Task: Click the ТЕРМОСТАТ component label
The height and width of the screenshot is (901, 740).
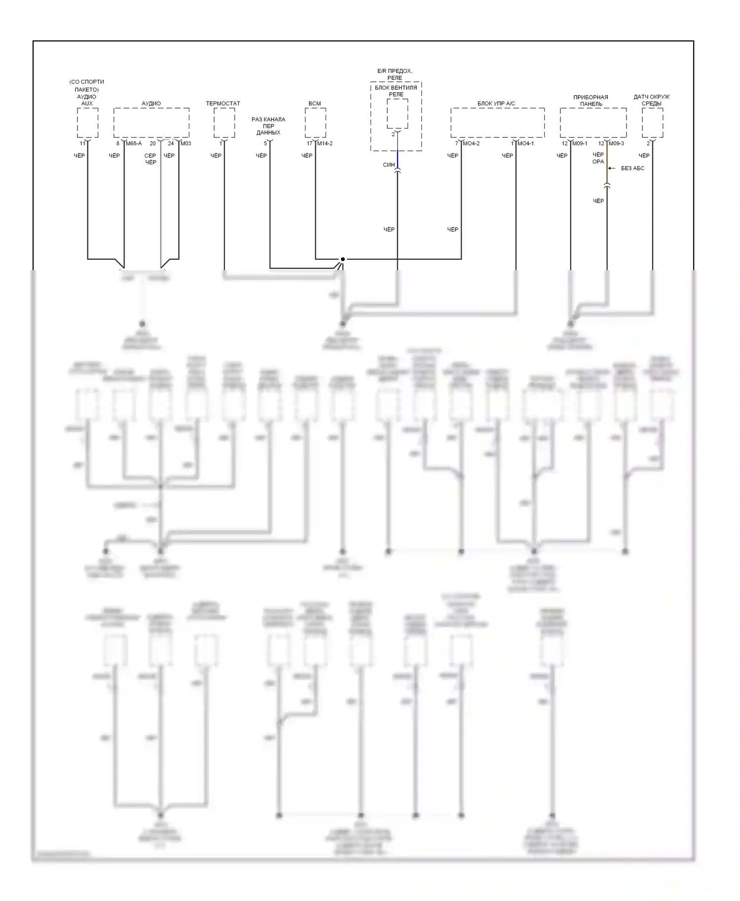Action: click(x=223, y=104)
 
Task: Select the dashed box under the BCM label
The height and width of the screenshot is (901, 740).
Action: click(x=315, y=123)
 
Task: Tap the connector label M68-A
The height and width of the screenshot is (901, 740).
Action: click(x=133, y=143)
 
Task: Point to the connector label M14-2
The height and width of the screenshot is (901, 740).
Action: click(x=325, y=143)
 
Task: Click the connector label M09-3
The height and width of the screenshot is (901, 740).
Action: click(x=616, y=143)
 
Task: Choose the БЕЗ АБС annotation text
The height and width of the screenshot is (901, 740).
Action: click(x=632, y=168)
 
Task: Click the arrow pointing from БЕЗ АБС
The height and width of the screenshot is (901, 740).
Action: click(x=612, y=168)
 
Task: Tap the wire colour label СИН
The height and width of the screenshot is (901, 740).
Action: click(x=389, y=165)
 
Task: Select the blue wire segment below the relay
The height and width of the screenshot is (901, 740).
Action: click(x=398, y=159)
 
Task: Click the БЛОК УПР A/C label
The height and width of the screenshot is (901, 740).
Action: click(x=496, y=104)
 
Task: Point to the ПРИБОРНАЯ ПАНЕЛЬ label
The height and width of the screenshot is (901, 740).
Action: click(x=591, y=101)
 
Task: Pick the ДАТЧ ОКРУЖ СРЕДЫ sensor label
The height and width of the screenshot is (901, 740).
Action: click(x=651, y=100)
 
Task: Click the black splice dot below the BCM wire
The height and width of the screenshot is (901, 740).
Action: click(x=342, y=259)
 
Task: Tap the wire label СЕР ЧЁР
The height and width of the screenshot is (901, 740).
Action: click(x=150, y=159)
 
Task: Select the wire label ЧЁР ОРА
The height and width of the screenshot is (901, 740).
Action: click(x=598, y=158)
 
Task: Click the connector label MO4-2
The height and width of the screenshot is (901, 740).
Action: click(x=471, y=143)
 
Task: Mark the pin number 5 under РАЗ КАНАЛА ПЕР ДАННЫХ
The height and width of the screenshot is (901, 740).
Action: click(x=265, y=143)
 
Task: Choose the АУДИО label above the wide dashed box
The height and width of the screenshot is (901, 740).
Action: click(x=151, y=104)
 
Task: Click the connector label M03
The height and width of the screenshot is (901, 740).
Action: click(x=185, y=143)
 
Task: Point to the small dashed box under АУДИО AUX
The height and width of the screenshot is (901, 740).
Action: click(x=88, y=123)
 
